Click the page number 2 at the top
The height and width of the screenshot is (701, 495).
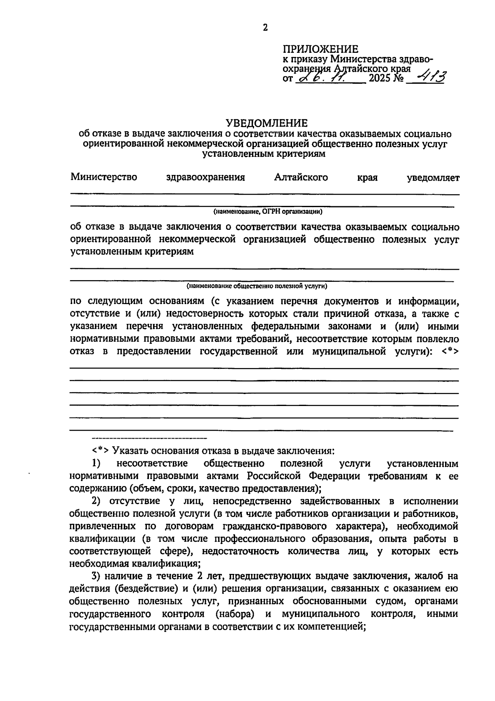265,28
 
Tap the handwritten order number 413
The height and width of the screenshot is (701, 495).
428,77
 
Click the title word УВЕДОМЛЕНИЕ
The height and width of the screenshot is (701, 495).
266,123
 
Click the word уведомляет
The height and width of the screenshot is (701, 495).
433,178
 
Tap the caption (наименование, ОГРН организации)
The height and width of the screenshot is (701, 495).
267,212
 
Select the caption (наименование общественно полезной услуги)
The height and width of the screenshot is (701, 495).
257,286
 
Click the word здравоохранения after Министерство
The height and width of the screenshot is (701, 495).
205,178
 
